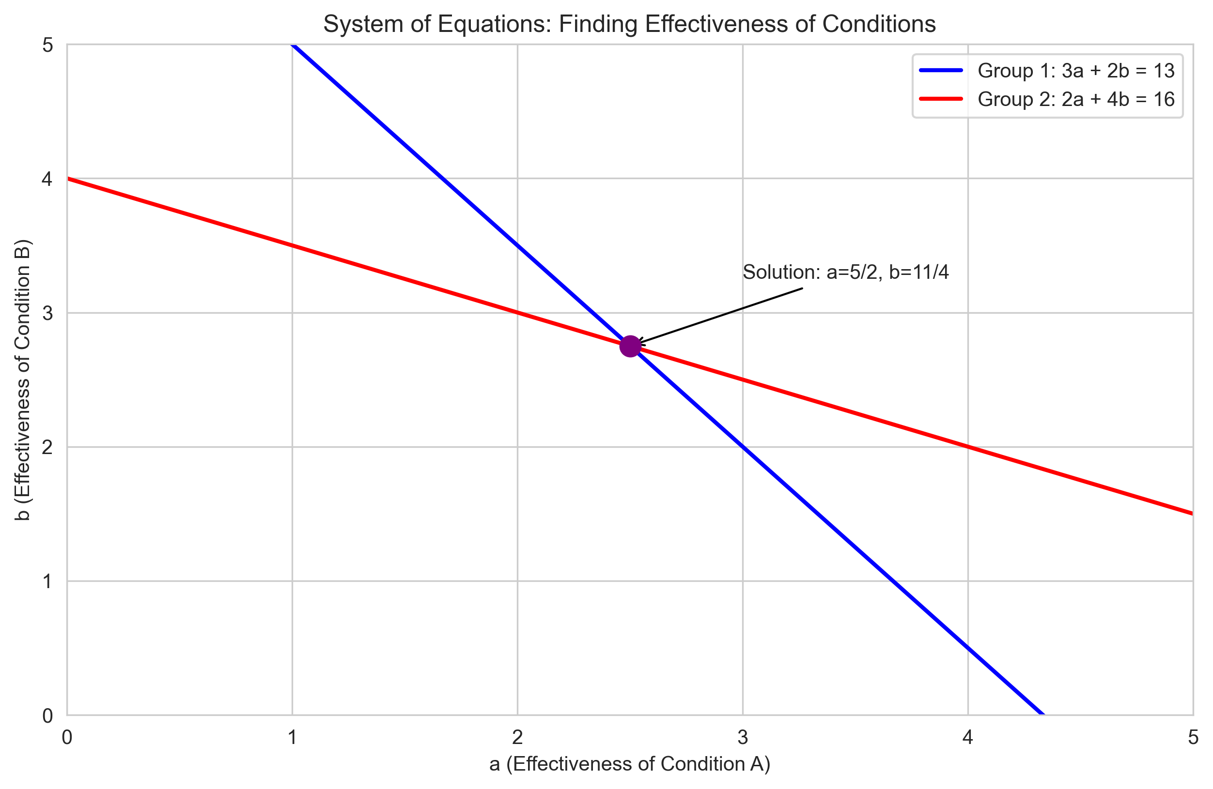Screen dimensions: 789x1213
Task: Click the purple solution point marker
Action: click(x=630, y=347)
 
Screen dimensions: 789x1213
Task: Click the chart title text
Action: click(x=629, y=24)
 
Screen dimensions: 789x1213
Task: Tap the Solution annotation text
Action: click(x=845, y=272)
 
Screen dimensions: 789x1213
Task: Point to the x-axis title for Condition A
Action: click(x=629, y=763)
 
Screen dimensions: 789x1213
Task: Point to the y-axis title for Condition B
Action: click(x=23, y=379)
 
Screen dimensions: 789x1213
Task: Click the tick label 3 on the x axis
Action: click(x=743, y=737)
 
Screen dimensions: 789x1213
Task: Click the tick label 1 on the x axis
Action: click(x=292, y=737)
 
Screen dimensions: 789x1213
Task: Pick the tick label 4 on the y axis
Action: click(x=47, y=179)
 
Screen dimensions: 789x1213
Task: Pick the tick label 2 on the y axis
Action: click(x=47, y=447)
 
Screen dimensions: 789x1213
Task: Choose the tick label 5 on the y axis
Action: click(x=47, y=46)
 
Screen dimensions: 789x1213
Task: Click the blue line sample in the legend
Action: click(x=941, y=71)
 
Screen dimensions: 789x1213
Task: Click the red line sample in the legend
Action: click(x=941, y=99)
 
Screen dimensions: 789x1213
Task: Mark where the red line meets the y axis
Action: click(x=68, y=178)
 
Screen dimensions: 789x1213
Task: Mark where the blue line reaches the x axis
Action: click(x=1043, y=714)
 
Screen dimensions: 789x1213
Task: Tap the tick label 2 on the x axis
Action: click(x=517, y=737)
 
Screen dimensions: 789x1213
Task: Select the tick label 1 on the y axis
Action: click(x=47, y=581)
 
